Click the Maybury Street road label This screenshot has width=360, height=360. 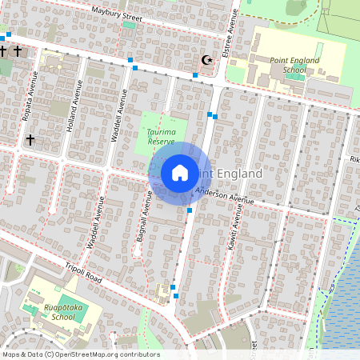point(117,13)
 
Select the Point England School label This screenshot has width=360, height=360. point(294,65)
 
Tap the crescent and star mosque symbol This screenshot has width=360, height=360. point(207,59)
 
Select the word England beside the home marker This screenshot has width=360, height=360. point(239,174)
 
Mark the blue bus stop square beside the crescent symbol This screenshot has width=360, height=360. point(195,74)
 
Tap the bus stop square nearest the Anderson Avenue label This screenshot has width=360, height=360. point(190,210)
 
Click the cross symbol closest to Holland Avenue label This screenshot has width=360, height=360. point(30,139)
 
